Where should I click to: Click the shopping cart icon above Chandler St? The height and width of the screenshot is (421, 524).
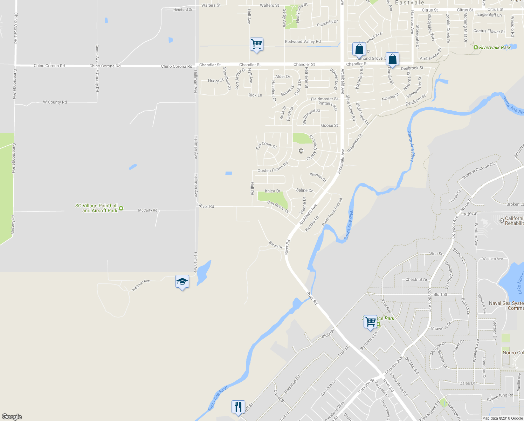click(x=256, y=45)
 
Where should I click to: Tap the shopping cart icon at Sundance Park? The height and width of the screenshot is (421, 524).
click(x=370, y=322)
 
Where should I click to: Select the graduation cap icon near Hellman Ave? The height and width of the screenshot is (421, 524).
click(x=182, y=282)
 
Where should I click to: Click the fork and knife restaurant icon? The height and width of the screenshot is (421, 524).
click(x=238, y=407)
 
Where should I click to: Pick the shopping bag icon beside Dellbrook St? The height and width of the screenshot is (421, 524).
click(x=393, y=60)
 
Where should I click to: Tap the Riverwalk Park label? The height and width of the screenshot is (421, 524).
click(x=495, y=47)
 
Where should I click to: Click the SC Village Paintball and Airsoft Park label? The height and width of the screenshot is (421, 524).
click(x=97, y=208)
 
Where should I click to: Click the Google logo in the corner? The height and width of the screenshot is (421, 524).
click(x=12, y=417)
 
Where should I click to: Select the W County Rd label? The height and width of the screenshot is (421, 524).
click(x=55, y=102)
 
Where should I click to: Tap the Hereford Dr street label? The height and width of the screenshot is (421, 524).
click(x=183, y=10)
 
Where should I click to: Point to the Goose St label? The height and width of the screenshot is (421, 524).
click(x=330, y=125)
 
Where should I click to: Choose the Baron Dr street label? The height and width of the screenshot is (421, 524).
click(x=276, y=245)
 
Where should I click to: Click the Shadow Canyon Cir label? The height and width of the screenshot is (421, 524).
click(x=478, y=171)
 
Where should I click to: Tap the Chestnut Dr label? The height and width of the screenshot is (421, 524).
click(x=416, y=280)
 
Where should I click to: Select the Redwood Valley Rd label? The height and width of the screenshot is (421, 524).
click(x=303, y=41)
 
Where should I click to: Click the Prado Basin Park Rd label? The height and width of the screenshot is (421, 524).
click(x=332, y=212)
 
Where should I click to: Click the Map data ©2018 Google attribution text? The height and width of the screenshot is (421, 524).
click(x=502, y=418)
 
